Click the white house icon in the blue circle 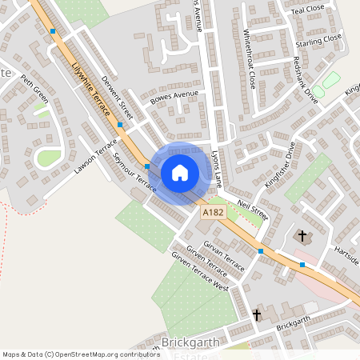click(179, 172)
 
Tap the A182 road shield click(212, 212)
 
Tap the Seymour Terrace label click(134, 171)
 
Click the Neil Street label click(252, 210)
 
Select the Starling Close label click(317, 38)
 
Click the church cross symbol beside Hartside click(302, 236)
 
